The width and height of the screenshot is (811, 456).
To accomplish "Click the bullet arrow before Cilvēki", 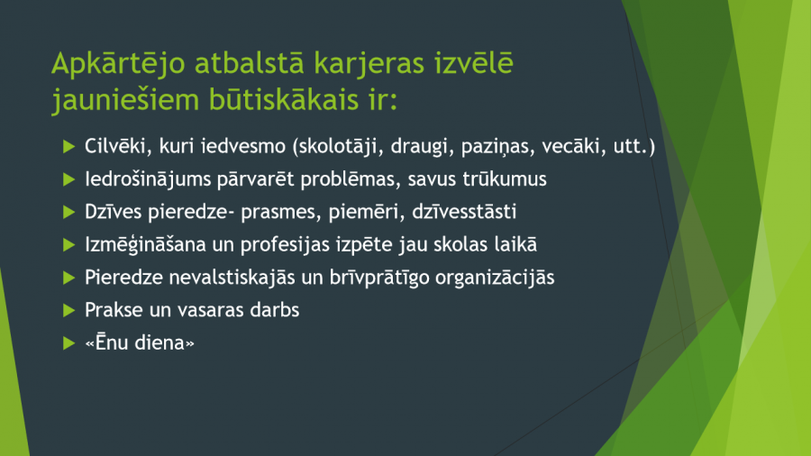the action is (68, 146).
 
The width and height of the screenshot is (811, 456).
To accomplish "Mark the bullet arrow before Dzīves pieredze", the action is (68, 212).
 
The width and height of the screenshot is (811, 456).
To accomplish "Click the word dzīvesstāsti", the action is (464, 212).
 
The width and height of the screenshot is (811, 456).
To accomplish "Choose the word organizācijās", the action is (495, 278).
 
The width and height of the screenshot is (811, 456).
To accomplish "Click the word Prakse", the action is (114, 310).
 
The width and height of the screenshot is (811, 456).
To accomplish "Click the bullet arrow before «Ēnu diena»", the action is (68, 342).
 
